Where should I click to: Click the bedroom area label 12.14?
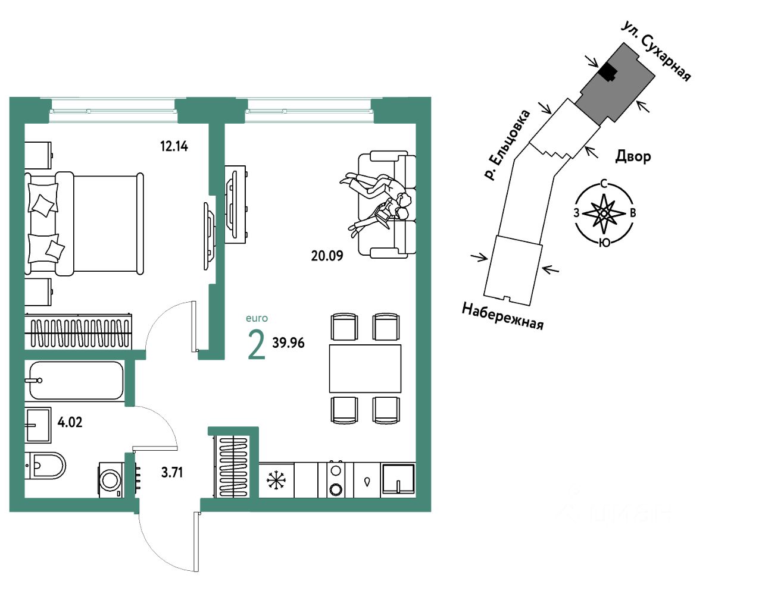point(174,146)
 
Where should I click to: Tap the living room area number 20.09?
point(327,256)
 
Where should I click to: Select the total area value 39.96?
point(288,343)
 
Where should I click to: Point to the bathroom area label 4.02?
point(70,422)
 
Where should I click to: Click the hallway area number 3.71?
point(172,473)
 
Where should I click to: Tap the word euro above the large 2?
point(257,319)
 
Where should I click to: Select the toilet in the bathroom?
point(45,466)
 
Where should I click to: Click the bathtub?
point(76,381)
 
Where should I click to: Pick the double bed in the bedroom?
point(89,224)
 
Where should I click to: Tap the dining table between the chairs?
point(365,368)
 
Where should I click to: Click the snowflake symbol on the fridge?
point(276,480)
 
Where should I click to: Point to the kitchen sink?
point(398,479)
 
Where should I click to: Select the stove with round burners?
point(336,480)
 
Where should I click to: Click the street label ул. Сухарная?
point(656,51)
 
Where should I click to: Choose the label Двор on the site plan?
point(633,156)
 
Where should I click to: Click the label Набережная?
point(502,316)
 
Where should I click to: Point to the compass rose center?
point(604,213)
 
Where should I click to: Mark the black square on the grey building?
point(607,73)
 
